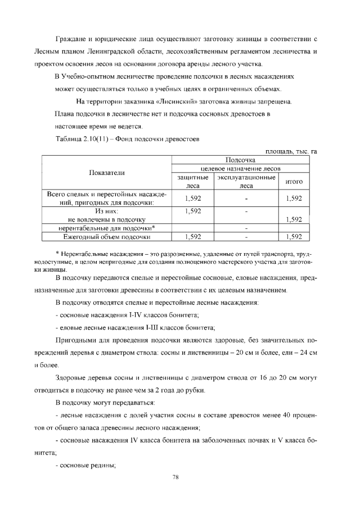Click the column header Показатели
(106, 172)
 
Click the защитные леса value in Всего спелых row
(193, 199)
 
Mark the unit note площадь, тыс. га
(287, 151)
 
